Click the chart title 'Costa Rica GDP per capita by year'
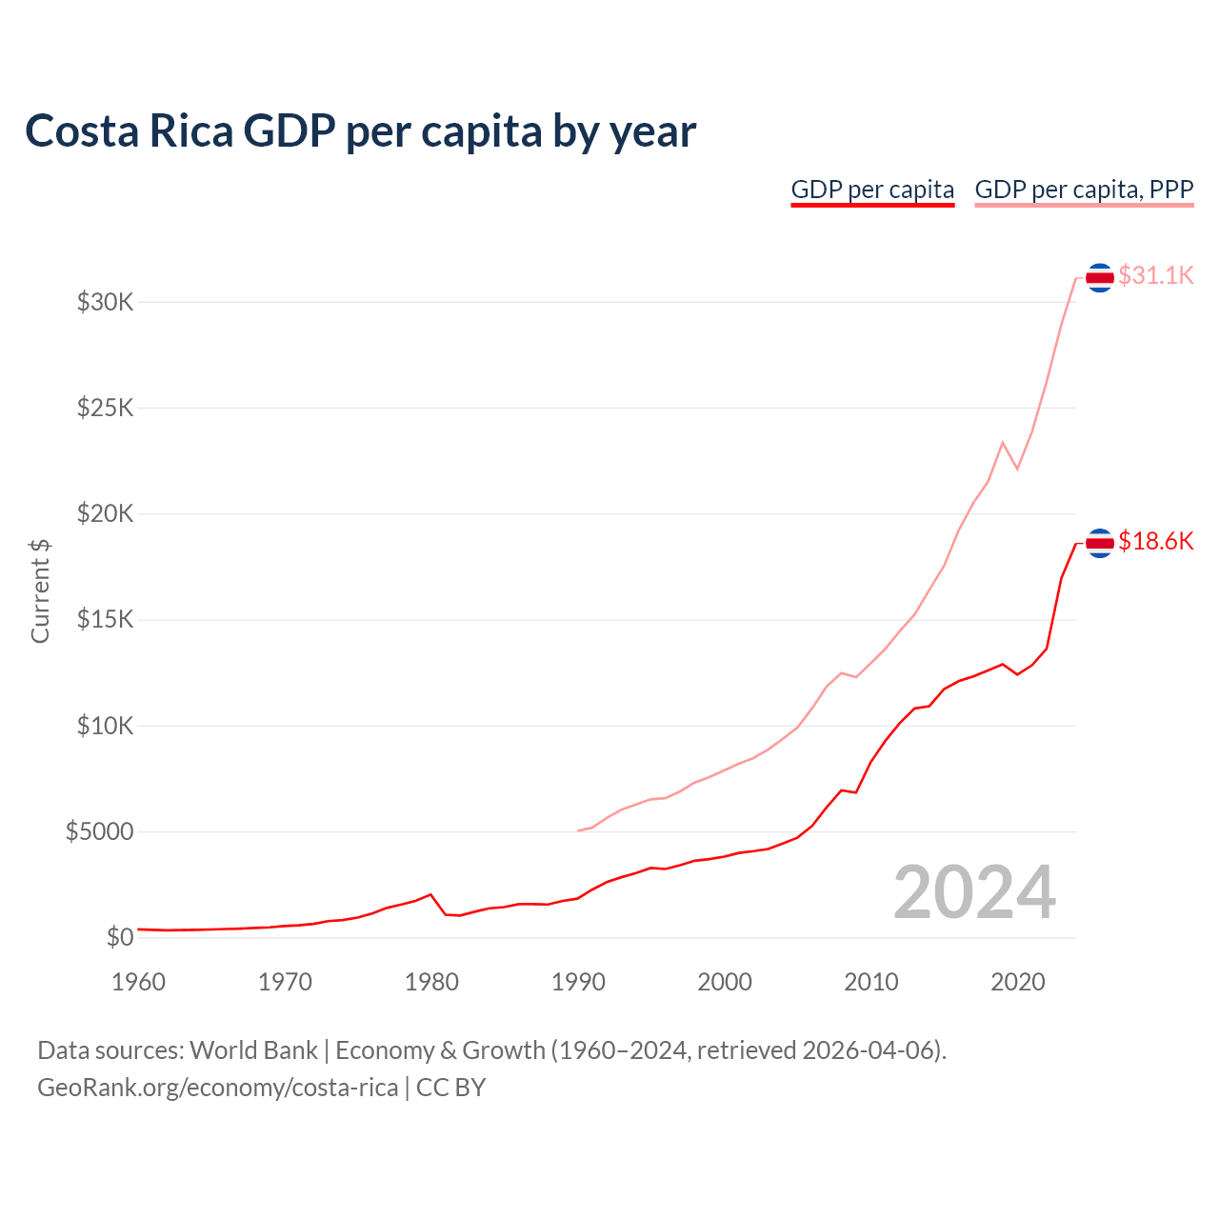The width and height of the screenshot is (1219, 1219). click(x=360, y=130)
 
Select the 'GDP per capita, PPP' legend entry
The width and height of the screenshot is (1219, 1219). click(x=1084, y=190)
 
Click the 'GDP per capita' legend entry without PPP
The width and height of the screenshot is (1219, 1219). click(x=872, y=190)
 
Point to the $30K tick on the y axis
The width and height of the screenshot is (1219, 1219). click(x=106, y=303)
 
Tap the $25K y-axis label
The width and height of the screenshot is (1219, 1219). click(x=106, y=409)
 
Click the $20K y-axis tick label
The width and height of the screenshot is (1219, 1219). click(x=106, y=514)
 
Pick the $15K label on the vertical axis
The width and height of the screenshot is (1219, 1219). click(x=106, y=620)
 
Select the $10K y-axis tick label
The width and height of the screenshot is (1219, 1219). click(x=106, y=727)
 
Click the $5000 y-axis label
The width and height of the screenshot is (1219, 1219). click(x=100, y=832)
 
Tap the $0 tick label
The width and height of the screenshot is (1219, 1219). click(x=120, y=938)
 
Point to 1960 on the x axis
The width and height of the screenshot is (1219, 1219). click(x=139, y=982)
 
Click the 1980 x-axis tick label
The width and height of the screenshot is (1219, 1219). click(x=431, y=982)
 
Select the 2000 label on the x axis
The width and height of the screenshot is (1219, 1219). click(x=725, y=982)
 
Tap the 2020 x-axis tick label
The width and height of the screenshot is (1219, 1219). click(x=1018, y=982)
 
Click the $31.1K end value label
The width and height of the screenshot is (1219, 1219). click(x=1155, y=276)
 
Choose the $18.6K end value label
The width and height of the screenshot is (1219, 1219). click(x=1155, y=542)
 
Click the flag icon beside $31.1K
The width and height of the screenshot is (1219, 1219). click(x=1100, y=277)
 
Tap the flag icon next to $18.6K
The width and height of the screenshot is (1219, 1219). click(x=1100, y=543)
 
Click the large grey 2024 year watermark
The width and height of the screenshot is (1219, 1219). click(x=974, y=892)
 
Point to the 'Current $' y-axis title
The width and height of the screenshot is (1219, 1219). click(x=40, y=590)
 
